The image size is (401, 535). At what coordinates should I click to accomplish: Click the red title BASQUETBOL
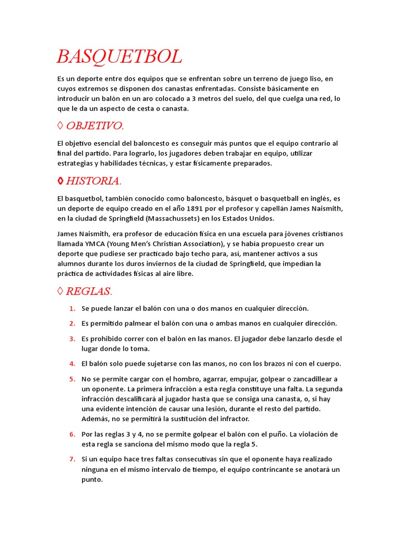click(119, 56)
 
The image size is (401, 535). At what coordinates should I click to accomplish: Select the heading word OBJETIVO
click(95, 126)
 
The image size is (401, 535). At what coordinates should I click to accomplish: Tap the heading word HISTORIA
click(93, 181)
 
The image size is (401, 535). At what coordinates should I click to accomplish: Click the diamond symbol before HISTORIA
click(61, 181)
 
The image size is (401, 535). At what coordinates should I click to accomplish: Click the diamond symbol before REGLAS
click(61, 291)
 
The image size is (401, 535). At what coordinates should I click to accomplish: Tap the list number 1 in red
click(73, 308)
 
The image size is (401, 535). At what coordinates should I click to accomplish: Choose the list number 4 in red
click(73, 364)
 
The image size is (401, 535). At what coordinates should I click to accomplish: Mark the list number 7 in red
click(73, 459)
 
